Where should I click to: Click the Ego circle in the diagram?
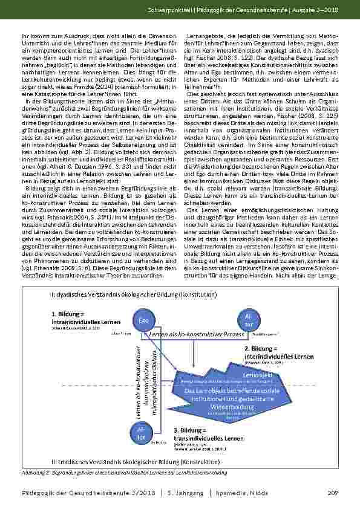coord(143,320)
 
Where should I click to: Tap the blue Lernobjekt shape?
coord(237,392)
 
